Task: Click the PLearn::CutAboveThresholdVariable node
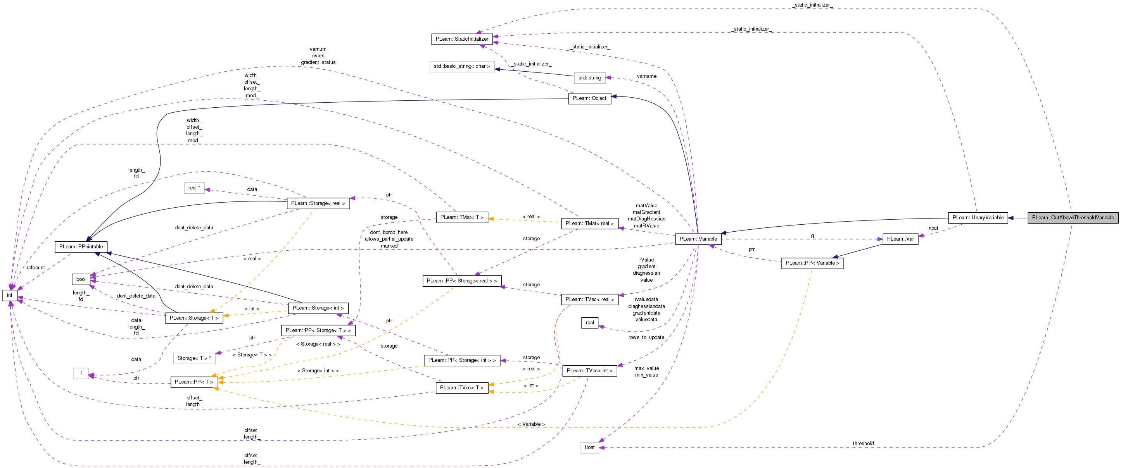1073,217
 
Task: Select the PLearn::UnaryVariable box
978,217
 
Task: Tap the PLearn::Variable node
698,239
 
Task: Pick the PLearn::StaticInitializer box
462,39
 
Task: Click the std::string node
590,78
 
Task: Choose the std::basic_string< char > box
462,66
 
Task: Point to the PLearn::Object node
589,98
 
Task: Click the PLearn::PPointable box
81,247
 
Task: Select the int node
10,295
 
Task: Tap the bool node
81,279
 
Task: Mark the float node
590,447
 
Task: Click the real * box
194,188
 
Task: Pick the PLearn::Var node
900,239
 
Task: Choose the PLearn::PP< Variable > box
812,263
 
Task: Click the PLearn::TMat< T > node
462,217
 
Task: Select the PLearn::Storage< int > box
318,308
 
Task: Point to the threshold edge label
863,444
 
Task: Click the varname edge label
647,76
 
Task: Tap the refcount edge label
36,267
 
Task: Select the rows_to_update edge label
646,337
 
